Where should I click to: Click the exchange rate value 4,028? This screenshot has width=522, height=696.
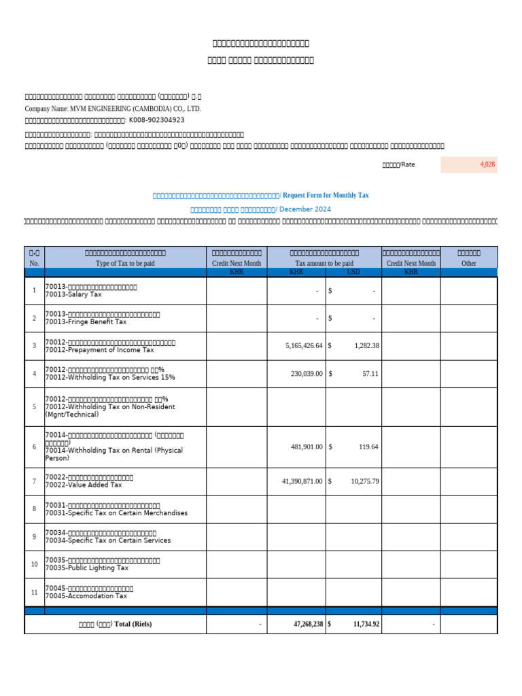coord(487,164)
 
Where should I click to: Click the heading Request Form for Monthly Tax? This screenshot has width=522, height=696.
coord(326,195)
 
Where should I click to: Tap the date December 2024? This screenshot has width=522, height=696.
coord(304,210)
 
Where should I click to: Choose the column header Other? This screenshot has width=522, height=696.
coord(469,263)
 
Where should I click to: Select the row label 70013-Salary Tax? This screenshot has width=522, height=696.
coord(74,295)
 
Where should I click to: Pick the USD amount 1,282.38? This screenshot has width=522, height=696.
coord(366,346)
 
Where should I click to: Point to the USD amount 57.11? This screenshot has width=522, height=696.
coord(370,374)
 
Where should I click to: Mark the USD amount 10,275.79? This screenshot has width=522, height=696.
coord(365,481)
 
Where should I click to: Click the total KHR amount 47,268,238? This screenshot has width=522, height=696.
coord(303,624)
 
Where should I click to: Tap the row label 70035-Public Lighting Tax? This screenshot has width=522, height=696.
coord(86,568)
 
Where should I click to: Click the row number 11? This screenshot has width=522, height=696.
coord(34,592)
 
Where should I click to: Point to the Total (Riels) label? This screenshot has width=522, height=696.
coord(116,624)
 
